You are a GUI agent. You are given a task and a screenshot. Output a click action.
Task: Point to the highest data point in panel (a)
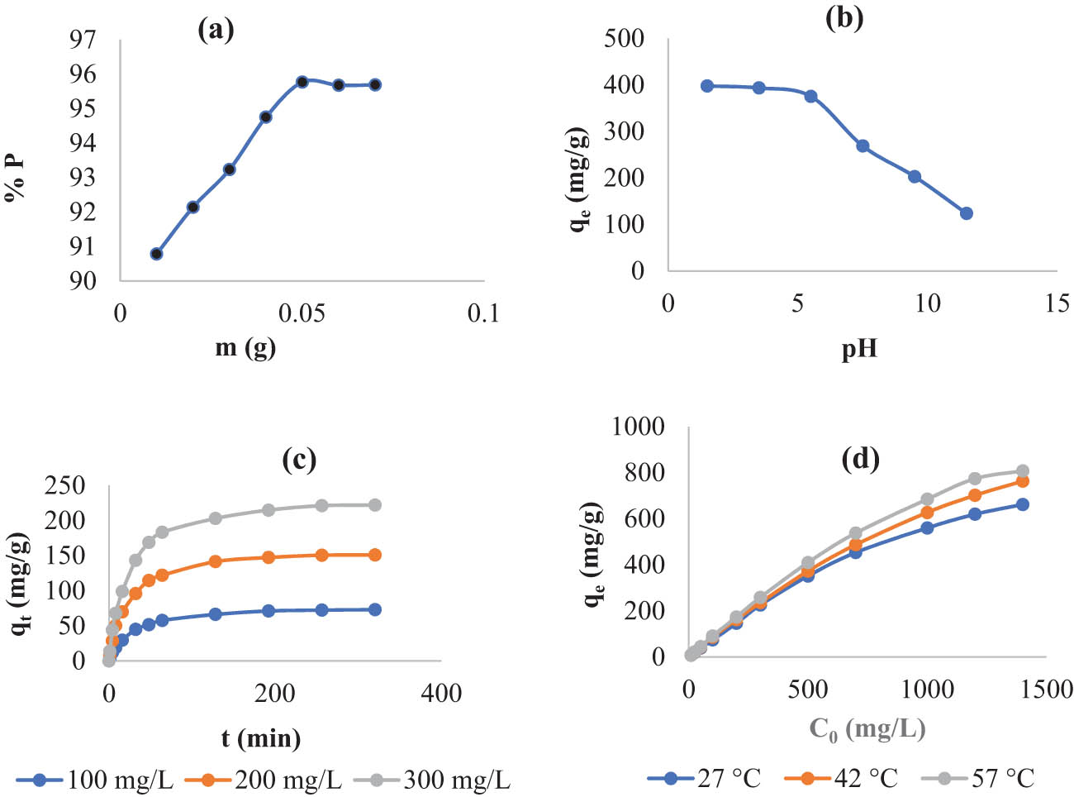click(x=302, y=82)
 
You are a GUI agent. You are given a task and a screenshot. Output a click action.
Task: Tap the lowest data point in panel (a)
click(x=156, y=254)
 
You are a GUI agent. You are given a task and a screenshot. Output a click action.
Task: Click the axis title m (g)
click(x=245, y=347)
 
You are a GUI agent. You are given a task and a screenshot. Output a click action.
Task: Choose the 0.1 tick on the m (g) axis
click(x=483, y=313)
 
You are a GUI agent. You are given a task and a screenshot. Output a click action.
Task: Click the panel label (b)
click(x=844, y=18)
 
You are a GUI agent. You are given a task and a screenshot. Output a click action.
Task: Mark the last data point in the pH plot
click(x=967, y=213)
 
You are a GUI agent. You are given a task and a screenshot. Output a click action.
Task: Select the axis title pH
click(x=859, y=350)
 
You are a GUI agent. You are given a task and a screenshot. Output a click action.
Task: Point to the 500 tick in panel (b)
click(x=625, y=39)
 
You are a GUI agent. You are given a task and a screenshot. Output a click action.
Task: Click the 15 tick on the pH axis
click(x=1057, y=303)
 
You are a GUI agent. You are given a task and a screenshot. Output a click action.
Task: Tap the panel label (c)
click(x=299, y=459)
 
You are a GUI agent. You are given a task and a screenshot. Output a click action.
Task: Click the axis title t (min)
click(x=260, y=737)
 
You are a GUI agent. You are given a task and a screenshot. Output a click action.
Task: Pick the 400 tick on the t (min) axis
click(x=441, y=694)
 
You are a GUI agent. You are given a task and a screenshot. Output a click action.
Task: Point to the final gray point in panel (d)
click(x=1022, y=471)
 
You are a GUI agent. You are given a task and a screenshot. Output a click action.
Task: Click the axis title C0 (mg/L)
click(x=867, y=728)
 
